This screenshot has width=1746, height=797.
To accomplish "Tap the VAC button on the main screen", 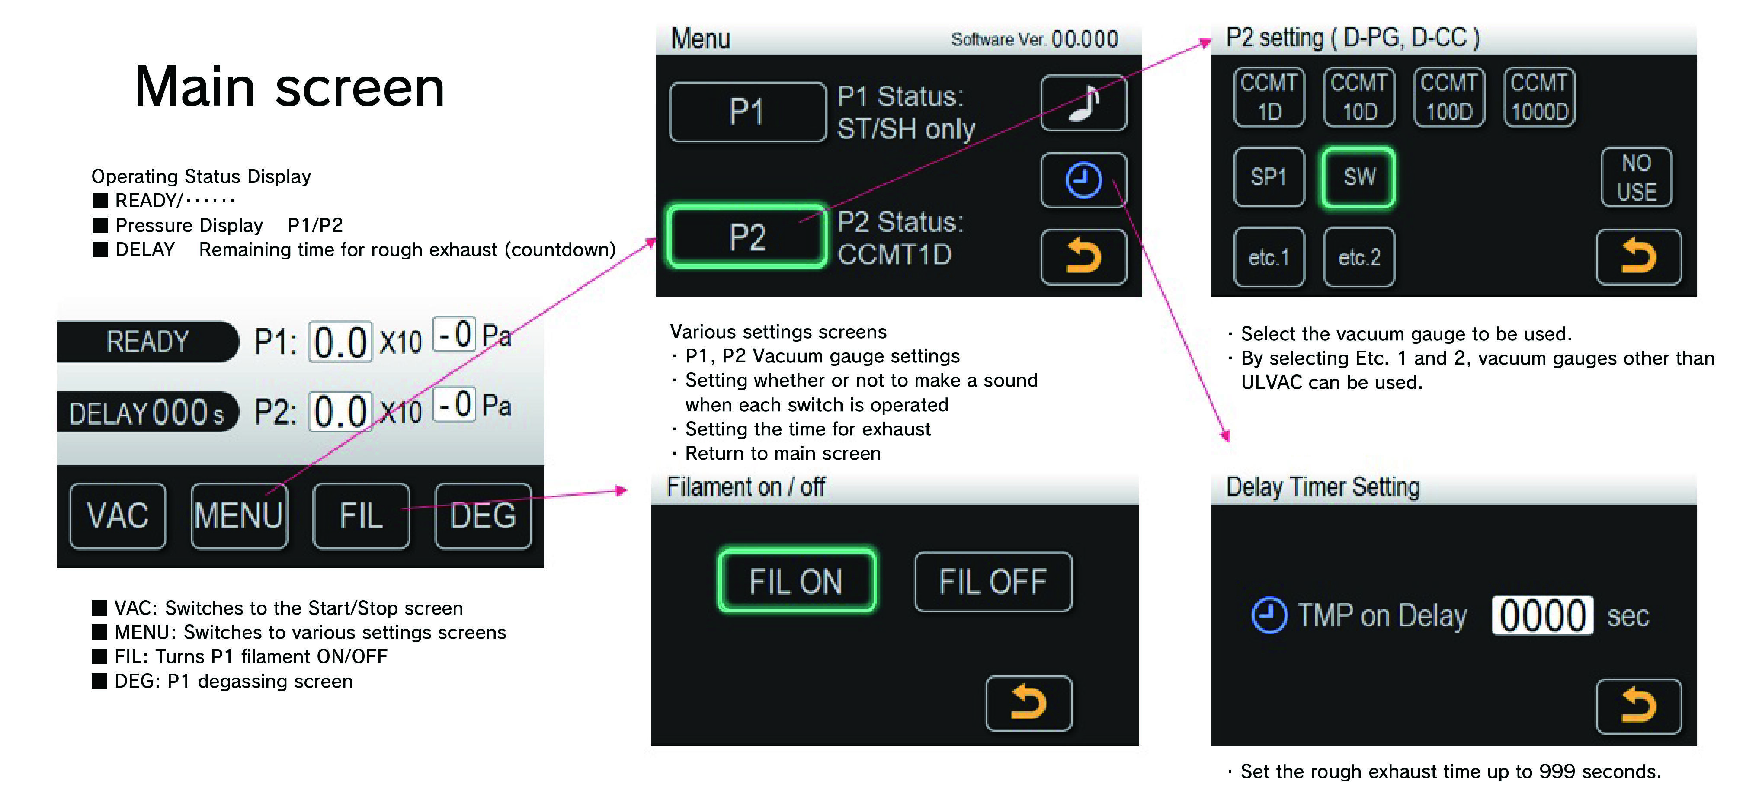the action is (x=118, y=516).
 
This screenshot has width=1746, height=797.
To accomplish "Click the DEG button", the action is (x=483, y=516).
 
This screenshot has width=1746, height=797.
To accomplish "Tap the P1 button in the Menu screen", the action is (x=747, y=112).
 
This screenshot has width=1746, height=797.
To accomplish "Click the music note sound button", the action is (x=1084, y=103).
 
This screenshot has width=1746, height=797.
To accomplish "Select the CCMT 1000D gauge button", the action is (x=1539, y=97).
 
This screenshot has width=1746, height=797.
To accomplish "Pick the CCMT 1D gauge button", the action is (x=1269, y=97).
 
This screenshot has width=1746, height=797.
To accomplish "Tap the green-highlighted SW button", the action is (x=1358, y=177).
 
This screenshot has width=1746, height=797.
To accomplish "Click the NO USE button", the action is (x=1636, y=177).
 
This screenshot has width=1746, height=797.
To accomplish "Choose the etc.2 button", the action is (x=1359, y=257).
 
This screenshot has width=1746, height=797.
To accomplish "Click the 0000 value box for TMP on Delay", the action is (x=1542, y=615).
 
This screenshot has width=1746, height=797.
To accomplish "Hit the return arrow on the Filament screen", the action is (x=1028, y=703).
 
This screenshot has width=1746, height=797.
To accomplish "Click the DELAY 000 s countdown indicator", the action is (x=148, y=411).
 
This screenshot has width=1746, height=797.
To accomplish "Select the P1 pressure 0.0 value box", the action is (x=340, y=342).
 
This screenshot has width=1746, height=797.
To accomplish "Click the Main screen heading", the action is (x=289, y=87).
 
